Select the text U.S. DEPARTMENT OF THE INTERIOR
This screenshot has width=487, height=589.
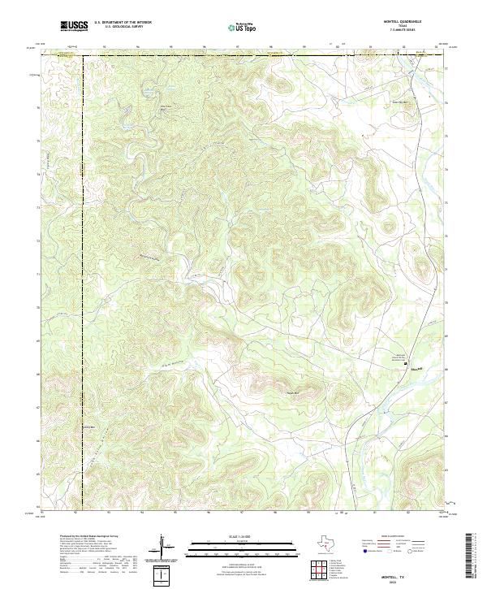122,23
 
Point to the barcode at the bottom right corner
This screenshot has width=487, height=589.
475,559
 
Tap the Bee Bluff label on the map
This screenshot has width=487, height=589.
166,107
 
